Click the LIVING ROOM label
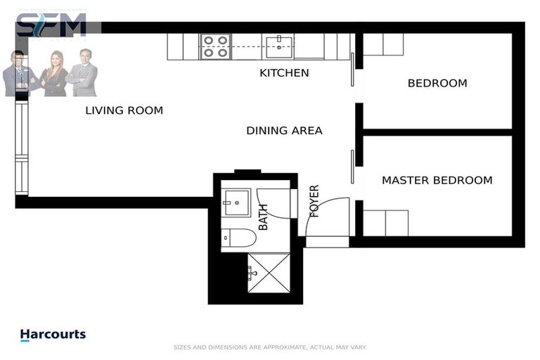pos(124,110)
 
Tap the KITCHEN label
pos(284,72)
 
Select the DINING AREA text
pos(284,130)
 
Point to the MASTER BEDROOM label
pos(437,180)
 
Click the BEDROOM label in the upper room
pos(437,83)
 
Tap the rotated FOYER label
pos(314,201)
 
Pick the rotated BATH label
pos(264,217)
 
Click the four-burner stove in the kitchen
pos(214,46)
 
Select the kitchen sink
pos(279,46)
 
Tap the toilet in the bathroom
pos(238,238)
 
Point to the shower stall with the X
pos(267,273)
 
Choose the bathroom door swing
pos(274,204)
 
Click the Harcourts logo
pos(53,335)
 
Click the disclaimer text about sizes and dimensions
pos(270,347)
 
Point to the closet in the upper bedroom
pos(383,44)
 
